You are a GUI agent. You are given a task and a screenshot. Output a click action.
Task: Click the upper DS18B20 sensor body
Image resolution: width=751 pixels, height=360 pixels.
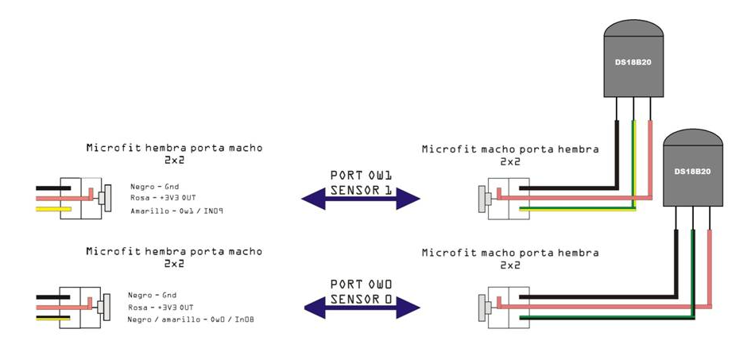tap(633, 64)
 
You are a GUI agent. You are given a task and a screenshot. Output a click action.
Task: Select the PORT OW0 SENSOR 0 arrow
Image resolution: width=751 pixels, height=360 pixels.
tap(362, 305)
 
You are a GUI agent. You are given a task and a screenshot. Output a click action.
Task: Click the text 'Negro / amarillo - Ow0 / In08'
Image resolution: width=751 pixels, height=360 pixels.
tap(191, 319)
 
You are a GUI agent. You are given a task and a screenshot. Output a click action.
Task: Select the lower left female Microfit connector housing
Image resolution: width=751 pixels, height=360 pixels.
tap(81, 307)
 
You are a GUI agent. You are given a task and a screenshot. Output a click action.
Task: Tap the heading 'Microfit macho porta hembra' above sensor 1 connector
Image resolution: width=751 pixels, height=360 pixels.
tap(510, 149)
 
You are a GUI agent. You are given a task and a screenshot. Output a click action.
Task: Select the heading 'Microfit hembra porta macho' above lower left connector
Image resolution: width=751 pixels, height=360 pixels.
tap(173, 251)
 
